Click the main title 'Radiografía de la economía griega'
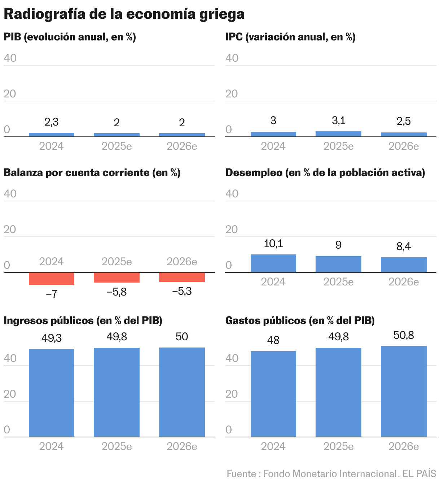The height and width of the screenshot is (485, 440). click(124, 14)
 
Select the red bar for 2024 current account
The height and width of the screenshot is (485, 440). click(52, 279)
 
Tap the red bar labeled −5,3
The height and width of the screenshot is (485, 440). click(182, 277)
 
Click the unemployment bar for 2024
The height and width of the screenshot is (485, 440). click(273, 263)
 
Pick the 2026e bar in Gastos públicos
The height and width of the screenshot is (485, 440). click(404, 392)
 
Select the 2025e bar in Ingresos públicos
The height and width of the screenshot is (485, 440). click(116, 392)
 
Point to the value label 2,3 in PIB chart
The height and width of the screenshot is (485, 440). click(52, 122)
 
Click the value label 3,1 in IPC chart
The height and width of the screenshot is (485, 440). click(338, 121)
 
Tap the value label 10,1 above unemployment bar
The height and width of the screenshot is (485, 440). click(273, 244)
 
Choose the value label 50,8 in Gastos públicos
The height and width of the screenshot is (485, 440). click(404, 336)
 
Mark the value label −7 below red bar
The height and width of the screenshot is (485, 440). click(52, 294)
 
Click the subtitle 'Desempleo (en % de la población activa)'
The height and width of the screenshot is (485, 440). click(325, 173)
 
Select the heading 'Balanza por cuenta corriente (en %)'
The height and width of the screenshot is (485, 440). click(92, 173)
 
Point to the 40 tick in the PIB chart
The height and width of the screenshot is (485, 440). click(10, 58)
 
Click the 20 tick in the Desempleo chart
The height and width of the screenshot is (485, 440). click(232, 230)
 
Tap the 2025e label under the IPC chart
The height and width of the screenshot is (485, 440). click(338, 146)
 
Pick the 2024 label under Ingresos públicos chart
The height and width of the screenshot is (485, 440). click(52, 446)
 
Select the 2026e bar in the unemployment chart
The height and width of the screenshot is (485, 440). click(404, 265)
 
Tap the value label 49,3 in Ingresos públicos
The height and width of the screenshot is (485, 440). click(52, 338)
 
